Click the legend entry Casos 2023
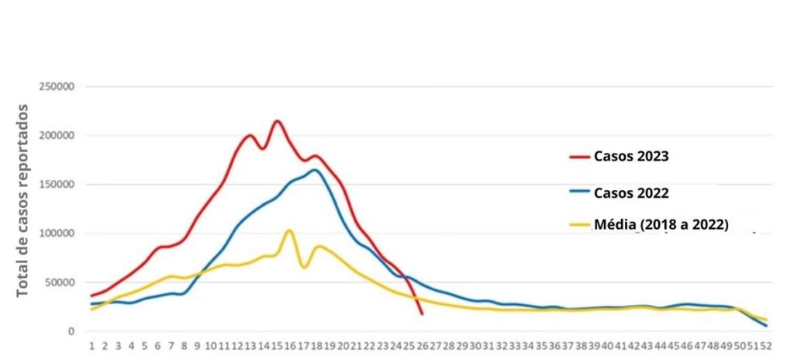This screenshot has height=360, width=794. pos(631,156)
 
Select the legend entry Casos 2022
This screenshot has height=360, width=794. pos(631,192)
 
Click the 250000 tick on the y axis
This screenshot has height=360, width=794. pos(56,86)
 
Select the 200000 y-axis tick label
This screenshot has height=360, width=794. pos(56,135)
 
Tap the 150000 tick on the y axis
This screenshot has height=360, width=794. pos(56,185)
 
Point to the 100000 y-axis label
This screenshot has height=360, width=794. pos(56,234)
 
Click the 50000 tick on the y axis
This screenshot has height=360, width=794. pos(59,282)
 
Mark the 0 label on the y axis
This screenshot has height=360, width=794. pos(71,331)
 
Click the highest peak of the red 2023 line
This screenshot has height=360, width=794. pos(277,121)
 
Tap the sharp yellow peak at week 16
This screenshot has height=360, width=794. pos(289,230)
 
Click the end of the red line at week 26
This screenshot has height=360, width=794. pos(422,314)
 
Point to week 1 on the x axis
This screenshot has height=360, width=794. pos(91,346)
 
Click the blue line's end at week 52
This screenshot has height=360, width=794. pos(767,326)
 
